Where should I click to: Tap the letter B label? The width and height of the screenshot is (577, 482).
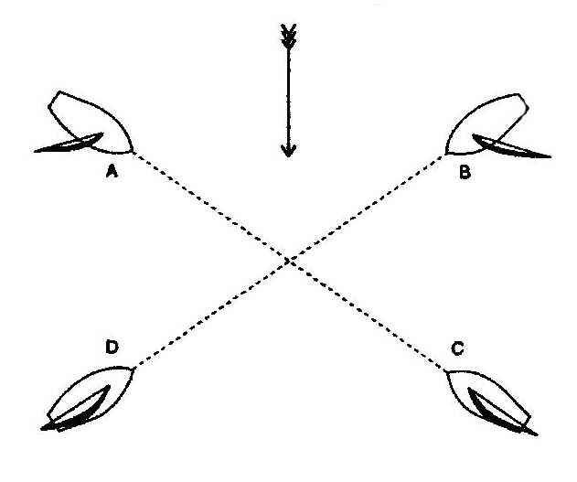pyautogui.click(x=465, y=171)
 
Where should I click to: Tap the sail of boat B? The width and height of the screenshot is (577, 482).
pyautogui.click(x=512, y=146)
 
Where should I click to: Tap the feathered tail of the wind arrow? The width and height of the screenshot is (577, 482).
pyautogui.click(x=288, y=34)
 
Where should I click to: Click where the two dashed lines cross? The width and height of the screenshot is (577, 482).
pyautogui.click(x=289, y=261)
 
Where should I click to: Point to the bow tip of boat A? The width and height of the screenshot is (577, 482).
pyautogui.click(x=134, y=150)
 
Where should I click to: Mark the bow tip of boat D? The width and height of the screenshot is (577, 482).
pyautogui.click(x=134, y=368)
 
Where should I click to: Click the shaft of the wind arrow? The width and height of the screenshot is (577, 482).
pyautogui.click(x=288, y=91)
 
